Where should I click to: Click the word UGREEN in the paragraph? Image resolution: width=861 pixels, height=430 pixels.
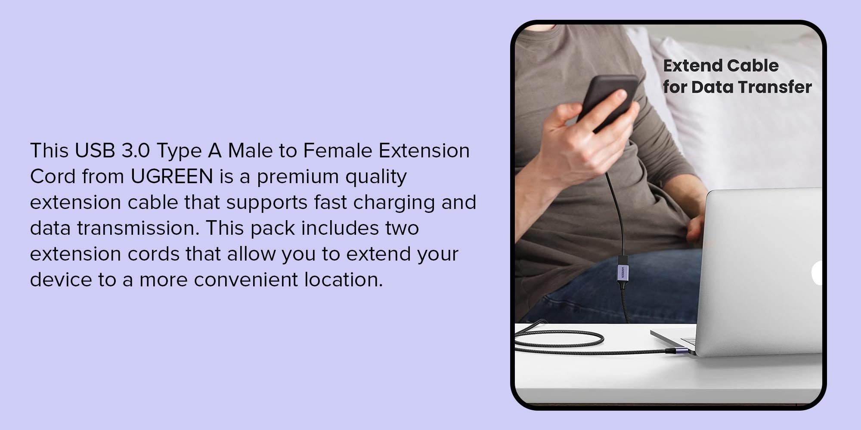(x=172, y=176)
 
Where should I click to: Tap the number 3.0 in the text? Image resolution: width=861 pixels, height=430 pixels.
(x=136, y=150)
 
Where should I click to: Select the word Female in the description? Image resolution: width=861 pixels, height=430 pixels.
(x=338, y=150)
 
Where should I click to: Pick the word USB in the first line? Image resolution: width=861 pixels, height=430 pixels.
(x=95, y=150)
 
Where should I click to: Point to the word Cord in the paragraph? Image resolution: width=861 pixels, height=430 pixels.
(x=53, y=176)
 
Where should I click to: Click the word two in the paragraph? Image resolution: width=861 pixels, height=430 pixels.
(x=402, y=228)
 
